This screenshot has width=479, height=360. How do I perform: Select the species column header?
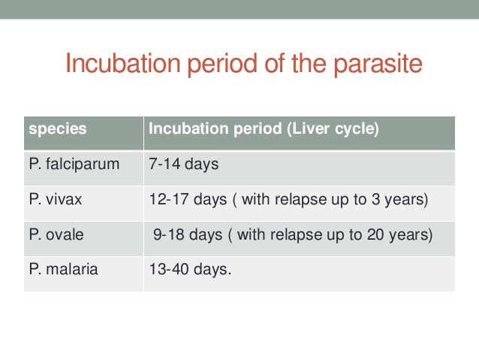coord(57,129)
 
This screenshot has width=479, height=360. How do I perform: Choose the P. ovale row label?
coord(58,234)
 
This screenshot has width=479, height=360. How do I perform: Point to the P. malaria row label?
coord(63,269)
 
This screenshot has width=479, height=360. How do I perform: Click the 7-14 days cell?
coord(184,163)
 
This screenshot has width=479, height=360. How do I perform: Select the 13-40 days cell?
coord(191,269)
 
